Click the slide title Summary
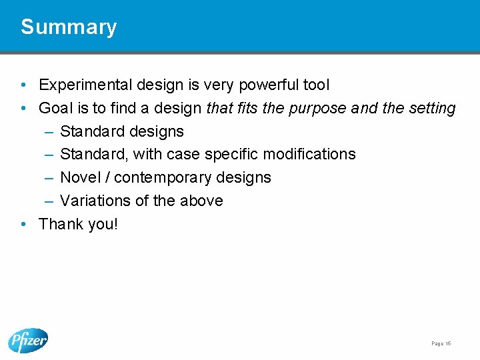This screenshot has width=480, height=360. [x=69, y=27]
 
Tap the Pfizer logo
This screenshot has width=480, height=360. [x=28, y=341]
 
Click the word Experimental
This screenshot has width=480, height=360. [x=85, y=85]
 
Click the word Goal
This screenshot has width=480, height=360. [x=54, y=108]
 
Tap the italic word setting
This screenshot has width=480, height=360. [x=433, y=108]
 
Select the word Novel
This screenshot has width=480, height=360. [x=79, y=177]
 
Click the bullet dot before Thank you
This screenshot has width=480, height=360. [x=23, y=224]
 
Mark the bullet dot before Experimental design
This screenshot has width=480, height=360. [x=23, y=85]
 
